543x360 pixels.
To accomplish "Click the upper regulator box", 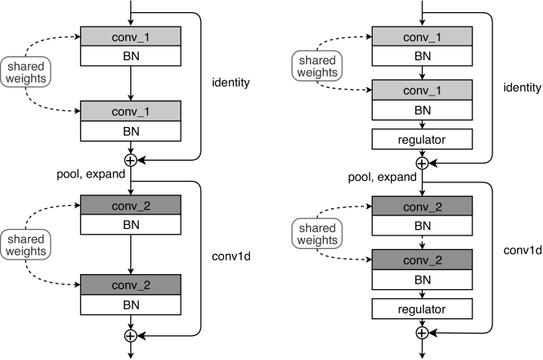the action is (x=423, y=139).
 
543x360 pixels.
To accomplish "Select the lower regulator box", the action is (x=423, y=309).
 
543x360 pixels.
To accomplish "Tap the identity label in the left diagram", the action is (x=231, y=83).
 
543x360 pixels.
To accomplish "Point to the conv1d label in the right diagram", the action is (x=522, y=250).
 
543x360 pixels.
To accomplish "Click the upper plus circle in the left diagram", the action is (x=131, y=160).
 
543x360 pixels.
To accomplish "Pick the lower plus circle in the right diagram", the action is (x=423, y=333).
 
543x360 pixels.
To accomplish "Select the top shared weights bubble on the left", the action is (x=26, y=72).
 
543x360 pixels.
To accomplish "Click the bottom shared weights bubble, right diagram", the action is (x=317, y=234).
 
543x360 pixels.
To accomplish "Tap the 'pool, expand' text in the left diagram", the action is (x=91, y=174).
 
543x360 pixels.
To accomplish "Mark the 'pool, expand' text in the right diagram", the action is (x=382, y=177).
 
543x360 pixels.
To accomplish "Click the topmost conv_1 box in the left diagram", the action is (x=131, y=36).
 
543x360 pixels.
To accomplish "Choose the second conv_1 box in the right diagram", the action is (x=423, y=90).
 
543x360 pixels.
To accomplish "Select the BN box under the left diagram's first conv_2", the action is (x=131, y=224).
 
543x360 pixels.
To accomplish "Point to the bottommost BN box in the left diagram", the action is (x=131, y=305).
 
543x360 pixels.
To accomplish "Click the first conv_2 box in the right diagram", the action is (x=423, y=207).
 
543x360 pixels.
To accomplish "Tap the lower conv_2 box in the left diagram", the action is (x=131, y=284).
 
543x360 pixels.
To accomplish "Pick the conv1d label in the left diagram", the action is (x=231, y=256).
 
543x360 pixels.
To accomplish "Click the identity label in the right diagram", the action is (x=522, y=88).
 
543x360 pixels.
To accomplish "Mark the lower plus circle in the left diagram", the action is (x=131, y=336).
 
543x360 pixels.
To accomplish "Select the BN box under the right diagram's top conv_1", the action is (x=423, y=55).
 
